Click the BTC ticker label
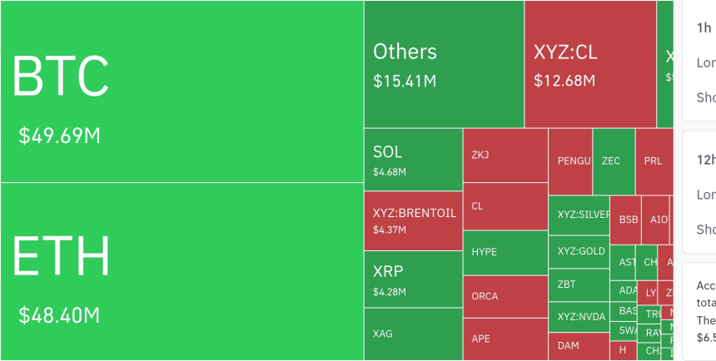60,77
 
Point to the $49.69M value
59,136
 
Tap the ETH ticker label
61,256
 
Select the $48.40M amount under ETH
59,315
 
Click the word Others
405,52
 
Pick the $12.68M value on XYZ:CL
564,81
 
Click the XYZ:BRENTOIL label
415,213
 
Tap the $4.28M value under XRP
390,292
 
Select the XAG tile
413,334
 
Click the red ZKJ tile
505,156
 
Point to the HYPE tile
505,251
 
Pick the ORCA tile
505,296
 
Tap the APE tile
505,339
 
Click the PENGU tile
574,161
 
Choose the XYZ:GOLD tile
581,251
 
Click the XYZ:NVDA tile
581,316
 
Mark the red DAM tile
578,345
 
